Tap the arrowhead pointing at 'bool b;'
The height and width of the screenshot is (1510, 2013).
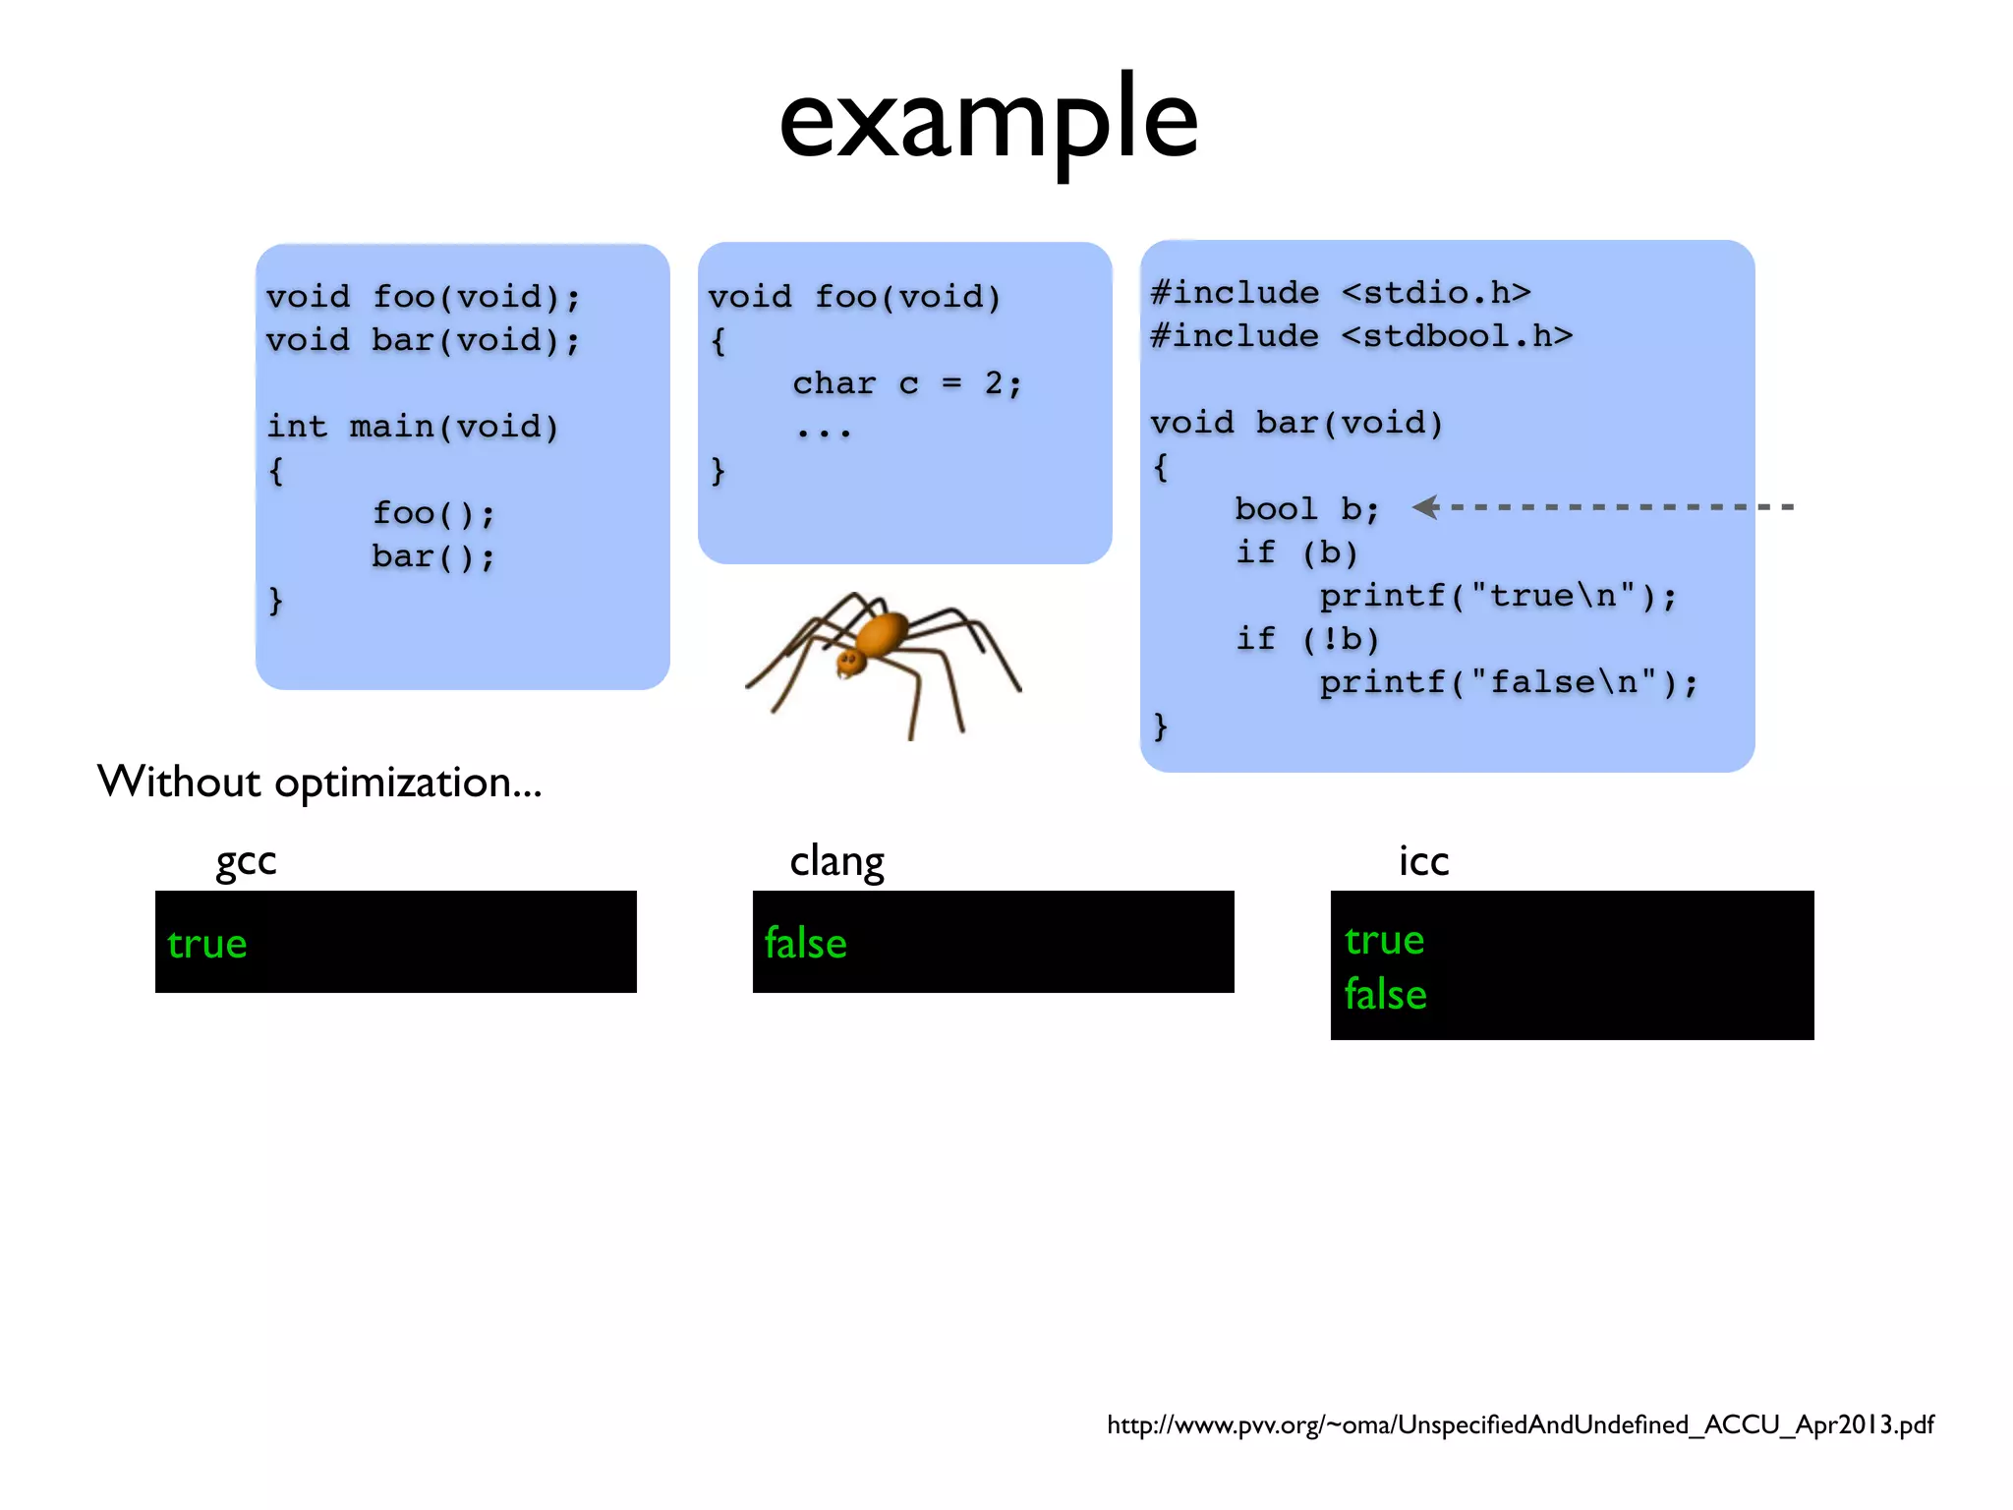pyautogui.click(x=1426, y=507)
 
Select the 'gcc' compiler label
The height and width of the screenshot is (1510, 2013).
pyautogui.click(x=246, y=861)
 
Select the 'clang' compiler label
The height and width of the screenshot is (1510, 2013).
pyautogui.click(x=836, y=861)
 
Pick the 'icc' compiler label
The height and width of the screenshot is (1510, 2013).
pyautogui.click(x=1423, y=861)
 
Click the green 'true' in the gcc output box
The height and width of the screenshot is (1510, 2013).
pyautogui.click(x=206, y=944)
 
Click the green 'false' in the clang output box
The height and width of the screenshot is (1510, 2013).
pyautogui.click(x=805, y=944)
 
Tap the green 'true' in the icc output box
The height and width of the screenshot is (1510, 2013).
pyautogui.click(x=1384, y=941)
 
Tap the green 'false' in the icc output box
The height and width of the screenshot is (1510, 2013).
pyautogui.click(x=1385, y=994)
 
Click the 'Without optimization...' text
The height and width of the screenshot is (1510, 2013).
pyautogui.click(x=319, y=783)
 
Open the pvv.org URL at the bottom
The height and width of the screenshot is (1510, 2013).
pyautogui.click(x=1520, y=1424)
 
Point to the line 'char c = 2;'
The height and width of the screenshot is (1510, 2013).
pyautogui.click(x=907, y=383)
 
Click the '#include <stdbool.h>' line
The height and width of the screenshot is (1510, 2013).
pyautogui.click(x=1361, y=336)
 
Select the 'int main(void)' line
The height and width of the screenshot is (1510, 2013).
pyautogui.click(x=413, y=427)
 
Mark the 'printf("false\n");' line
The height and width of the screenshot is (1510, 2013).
pyautogui.click(x=1508, y=682)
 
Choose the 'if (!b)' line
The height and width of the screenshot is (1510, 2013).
pyautogui.click(x=1307, y=639)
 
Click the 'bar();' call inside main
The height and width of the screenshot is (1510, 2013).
pyautogui.click(x=432, y=556)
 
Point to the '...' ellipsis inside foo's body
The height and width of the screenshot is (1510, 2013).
pyautogui.click(x=824, y=430)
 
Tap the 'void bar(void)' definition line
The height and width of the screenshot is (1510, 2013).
pyautogui.click(x=1296, y=423)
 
